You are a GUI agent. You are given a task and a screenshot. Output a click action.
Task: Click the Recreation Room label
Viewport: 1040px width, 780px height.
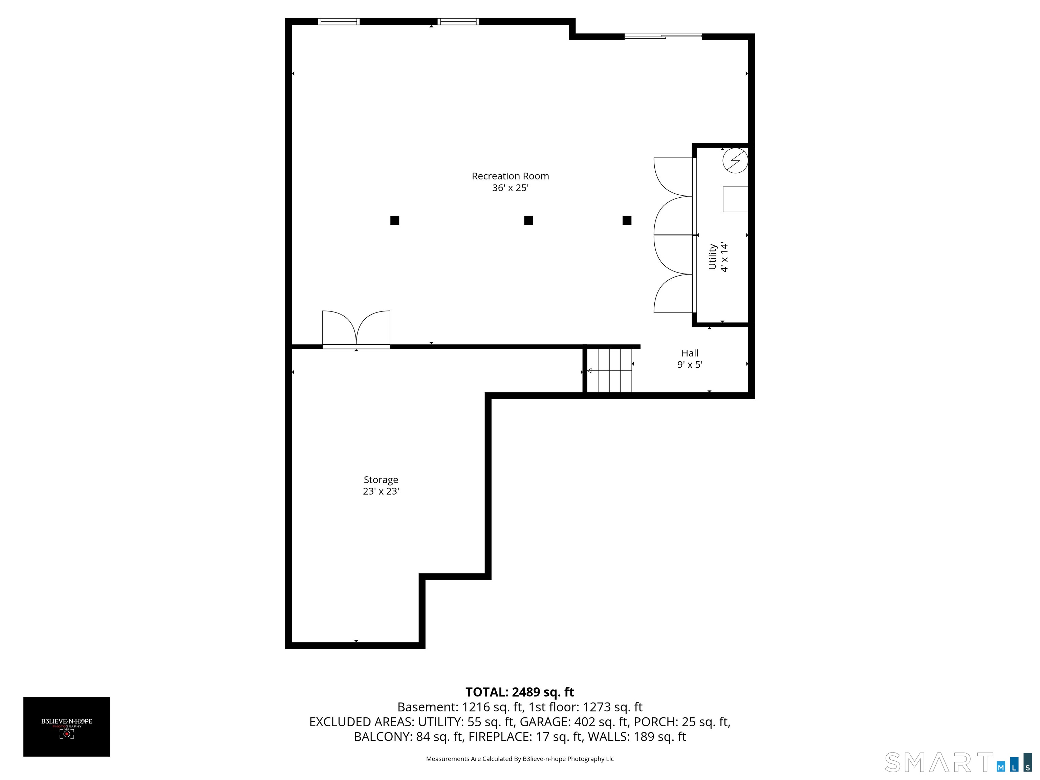pos(510,176)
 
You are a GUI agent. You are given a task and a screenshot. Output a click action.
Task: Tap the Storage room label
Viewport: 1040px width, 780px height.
pos(381,480)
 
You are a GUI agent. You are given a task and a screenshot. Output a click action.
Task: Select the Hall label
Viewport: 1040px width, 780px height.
pos(690,353)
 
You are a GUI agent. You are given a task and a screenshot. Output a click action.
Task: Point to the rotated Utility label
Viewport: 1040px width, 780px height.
pos(712,256)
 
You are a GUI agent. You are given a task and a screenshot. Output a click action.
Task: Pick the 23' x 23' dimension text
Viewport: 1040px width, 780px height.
pos(381,491)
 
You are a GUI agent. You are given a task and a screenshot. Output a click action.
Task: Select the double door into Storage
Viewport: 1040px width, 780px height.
pos(356,329)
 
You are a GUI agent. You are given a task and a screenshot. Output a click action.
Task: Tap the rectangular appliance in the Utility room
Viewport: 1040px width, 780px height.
pos(735,199)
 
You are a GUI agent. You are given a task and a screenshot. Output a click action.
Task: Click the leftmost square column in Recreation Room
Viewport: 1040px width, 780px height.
pos(394,220)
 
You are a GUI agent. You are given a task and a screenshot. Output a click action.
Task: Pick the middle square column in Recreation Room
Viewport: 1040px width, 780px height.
pos(528,220)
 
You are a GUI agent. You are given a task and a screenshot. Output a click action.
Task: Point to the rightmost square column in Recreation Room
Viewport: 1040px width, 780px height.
pos(627,220)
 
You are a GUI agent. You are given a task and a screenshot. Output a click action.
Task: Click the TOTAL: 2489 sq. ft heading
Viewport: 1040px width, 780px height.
pos(520,692)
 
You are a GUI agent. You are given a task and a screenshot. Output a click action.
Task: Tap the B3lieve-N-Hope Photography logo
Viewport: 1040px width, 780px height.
pos(67,727)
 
